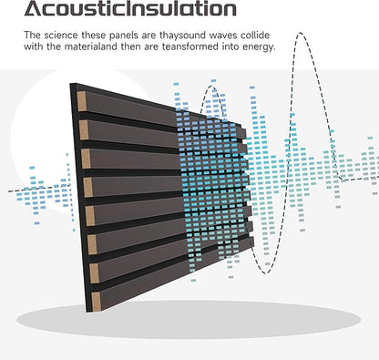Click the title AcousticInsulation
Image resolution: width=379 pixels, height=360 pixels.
[x=130, y=8]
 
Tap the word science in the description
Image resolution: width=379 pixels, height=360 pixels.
[x=61, y=36]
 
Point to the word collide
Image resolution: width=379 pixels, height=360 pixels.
[x=255, y=36]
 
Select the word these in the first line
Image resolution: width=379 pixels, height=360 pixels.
[x=92, y=36]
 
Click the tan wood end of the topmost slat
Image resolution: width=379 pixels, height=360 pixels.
[x=82, y=101]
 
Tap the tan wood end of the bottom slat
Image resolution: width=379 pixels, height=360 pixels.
[x=97, y=302]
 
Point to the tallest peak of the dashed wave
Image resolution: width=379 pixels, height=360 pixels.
[x=301, y=33]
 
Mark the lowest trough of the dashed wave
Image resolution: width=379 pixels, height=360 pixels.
[x=266, y=273]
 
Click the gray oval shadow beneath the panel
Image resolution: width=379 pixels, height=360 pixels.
[x=189, y=320]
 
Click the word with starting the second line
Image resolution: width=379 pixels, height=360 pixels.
[x=34, y=47]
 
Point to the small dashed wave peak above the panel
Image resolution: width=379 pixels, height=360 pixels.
[x=212, y=87]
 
